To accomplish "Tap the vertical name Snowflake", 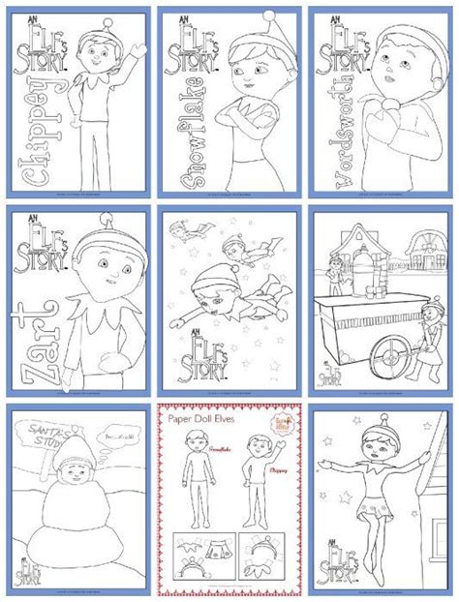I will pyautogui.click(x=179, y=141).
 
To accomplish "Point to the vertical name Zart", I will pyautogui.click(x=30, y=334).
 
